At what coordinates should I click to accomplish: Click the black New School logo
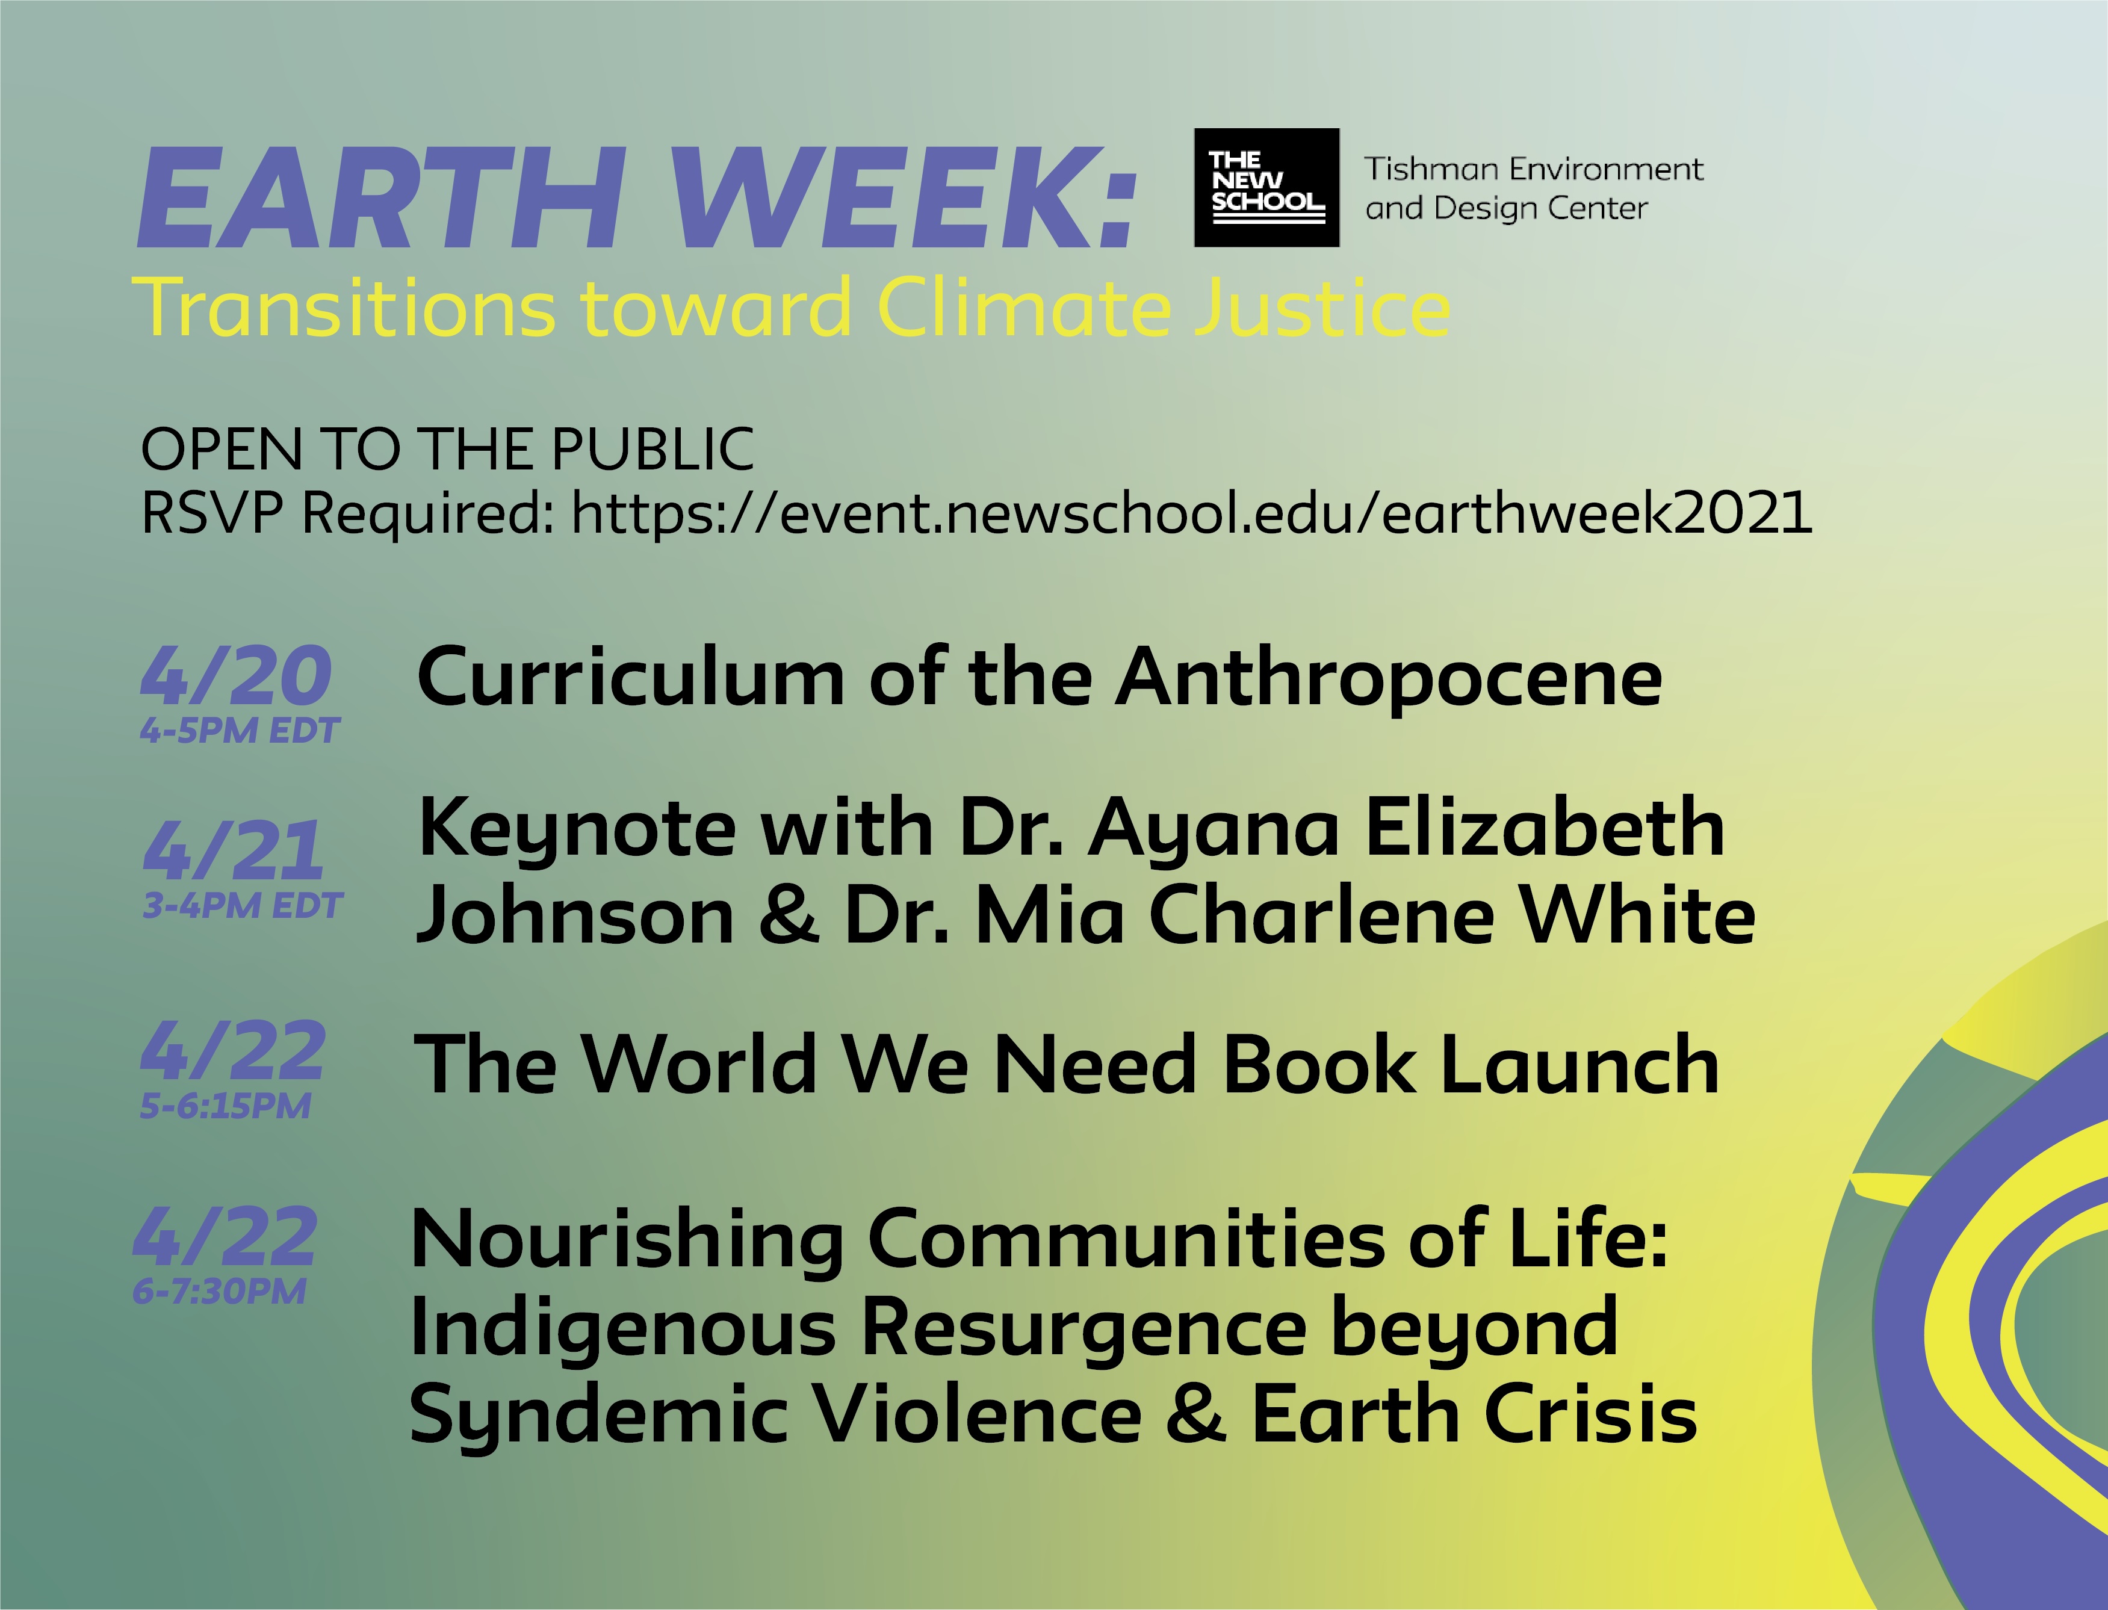pyautogui.click(x=1266, y=187)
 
